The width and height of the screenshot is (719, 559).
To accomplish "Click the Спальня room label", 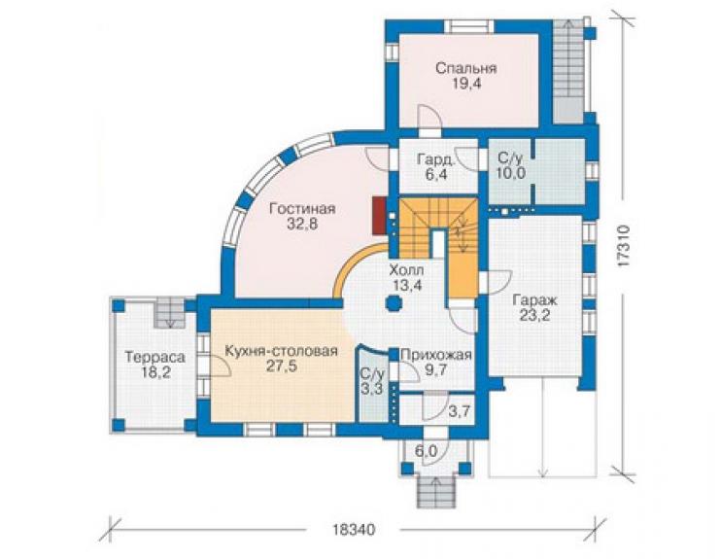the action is (465, 68).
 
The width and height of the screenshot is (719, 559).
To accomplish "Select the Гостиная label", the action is (302, 209).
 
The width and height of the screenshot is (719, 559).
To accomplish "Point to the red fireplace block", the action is (379, 216).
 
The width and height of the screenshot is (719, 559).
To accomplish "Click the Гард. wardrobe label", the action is (436, 159).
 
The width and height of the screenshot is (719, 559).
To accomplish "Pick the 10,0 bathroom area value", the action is (511, 173).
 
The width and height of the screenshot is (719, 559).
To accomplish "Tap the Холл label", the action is (406, 269).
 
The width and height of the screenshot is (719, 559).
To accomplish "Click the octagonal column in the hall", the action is (394, 303).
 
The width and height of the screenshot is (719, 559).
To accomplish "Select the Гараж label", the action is (534, 300).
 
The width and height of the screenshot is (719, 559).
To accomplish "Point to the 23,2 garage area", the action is (534, 316).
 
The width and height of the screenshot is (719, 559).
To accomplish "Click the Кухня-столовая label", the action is (281, 351).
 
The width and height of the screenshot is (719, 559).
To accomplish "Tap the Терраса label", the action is (155, 357).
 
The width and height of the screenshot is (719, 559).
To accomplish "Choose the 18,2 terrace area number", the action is (155, 372).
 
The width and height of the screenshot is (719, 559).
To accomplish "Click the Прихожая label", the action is (436, 355).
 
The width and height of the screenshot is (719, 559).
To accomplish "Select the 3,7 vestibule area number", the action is (459, 411).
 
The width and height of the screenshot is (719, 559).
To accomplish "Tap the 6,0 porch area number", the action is (426, 452).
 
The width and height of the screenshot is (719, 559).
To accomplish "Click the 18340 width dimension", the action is (353, 530).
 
